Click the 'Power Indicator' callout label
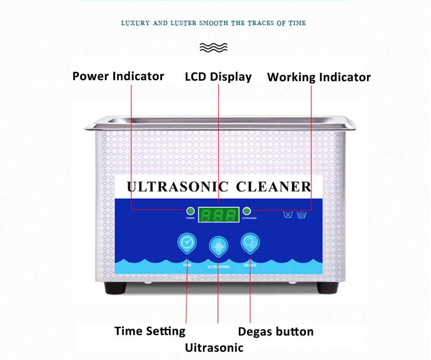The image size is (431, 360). point(118,76)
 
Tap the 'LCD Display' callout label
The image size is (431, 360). point(218,77)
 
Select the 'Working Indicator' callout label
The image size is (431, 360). point(319,77)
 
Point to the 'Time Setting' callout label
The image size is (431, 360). point(150,331)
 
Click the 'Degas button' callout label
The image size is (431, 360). point(276,332)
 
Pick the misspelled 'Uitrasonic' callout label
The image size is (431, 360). point(214,347)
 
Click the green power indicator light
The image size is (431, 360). point(190,211)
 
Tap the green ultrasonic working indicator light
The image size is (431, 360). point(247,211)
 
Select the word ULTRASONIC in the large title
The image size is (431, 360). point(177,187)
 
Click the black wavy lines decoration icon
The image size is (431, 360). point(214,47)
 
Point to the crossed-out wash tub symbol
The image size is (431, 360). point(287,214)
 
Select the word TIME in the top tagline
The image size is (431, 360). point(297,23)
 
